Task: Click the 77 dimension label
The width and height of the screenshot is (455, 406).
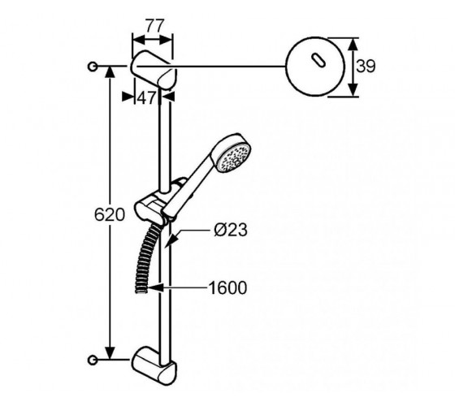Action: tap(155, 26)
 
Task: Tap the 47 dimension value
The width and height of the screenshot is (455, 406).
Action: tap(146, 98)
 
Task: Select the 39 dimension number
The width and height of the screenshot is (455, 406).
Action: tap(366, 66)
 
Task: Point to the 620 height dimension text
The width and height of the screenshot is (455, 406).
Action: tap(110, 215)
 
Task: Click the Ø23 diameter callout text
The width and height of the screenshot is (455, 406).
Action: tap(231, 230)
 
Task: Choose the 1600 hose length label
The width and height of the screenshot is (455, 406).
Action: tap(227, 288)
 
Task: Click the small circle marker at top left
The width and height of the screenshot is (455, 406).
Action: tap(93, 67)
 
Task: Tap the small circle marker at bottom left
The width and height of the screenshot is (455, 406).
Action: tap(93, 360)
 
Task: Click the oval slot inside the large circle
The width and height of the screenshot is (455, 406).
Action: tap(318, 61)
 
